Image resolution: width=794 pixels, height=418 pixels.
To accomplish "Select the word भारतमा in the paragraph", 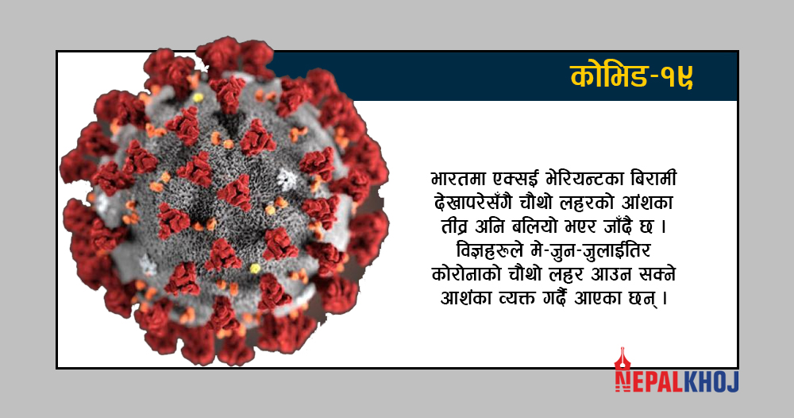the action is click(458, 180).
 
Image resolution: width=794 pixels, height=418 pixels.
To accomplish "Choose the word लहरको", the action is click(580, 203).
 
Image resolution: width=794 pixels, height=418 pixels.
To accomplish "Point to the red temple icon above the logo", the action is click(622, 360).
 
